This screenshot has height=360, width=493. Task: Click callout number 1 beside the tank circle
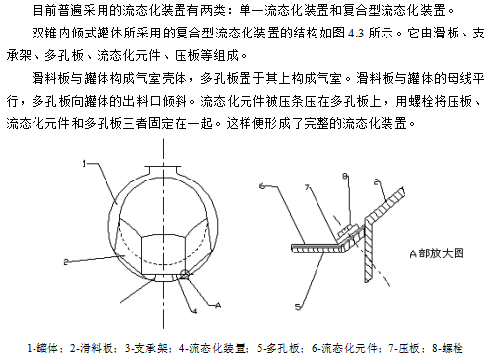point(84,164)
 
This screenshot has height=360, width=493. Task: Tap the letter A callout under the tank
point(218,306)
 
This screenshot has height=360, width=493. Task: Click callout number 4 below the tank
point(195,310)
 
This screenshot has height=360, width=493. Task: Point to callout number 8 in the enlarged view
point(345,177)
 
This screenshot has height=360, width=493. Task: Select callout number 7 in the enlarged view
point(307,187)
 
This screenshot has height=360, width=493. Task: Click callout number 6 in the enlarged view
point(262,186)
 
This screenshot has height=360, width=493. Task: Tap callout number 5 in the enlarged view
point(298,307)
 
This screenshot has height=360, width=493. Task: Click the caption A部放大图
point(437,253)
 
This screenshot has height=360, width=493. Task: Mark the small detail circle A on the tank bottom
point(185,275)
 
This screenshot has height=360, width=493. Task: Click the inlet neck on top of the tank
point(164,171)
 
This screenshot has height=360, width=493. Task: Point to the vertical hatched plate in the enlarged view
point(369,251)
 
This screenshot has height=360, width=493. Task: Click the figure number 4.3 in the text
point(356,34)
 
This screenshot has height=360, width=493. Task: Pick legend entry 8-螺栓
point(448,348)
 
